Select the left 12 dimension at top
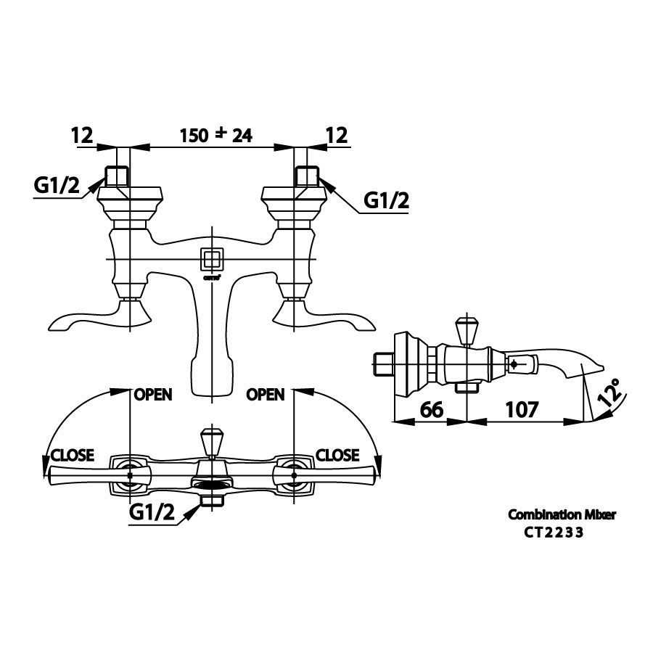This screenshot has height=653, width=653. tap(83, 135)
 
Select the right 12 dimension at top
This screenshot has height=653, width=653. tap(337, 135)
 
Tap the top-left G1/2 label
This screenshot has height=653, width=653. tap(57, 186)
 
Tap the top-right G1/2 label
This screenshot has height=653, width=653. tap(386, 201)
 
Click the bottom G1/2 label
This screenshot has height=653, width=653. tap(152, 513)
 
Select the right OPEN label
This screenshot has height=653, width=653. tap(266, 395)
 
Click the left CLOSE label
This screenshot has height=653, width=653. tap(72, 456)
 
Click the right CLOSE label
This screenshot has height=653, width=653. tap(338, 455)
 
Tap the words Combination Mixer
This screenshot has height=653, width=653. tap(562, 514)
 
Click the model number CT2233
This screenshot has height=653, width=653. tap(554, 532)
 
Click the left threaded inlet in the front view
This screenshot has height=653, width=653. tap(116, 176)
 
